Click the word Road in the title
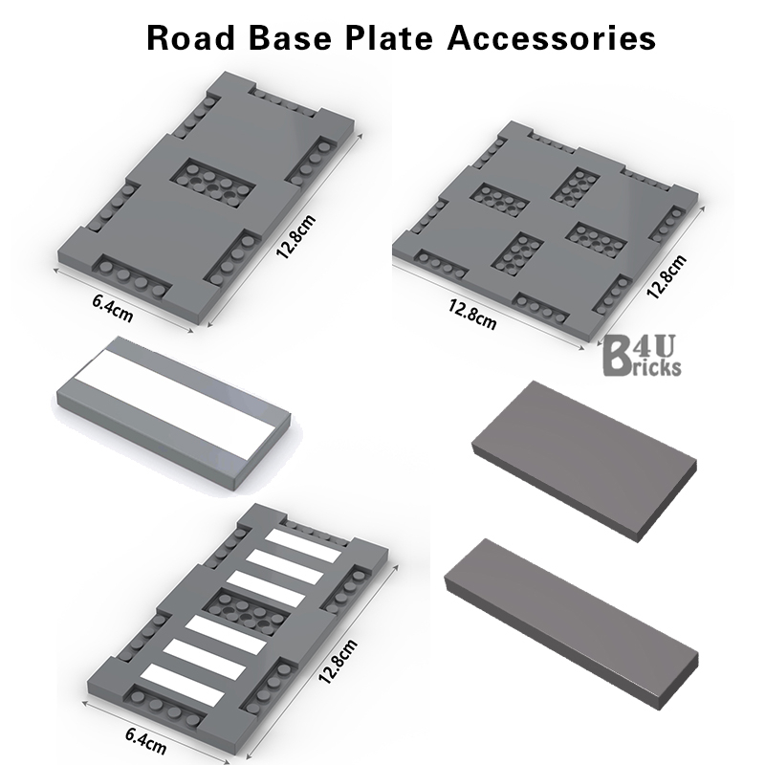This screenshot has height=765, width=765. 190,37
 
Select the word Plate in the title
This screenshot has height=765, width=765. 389,37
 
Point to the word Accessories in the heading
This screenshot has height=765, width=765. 552,37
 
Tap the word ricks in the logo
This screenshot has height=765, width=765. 654,367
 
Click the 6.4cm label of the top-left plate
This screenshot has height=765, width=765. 112,308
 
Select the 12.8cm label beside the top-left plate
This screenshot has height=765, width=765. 296,236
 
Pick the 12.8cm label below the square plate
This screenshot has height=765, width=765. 472,315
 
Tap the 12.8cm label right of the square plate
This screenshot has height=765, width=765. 667,276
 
